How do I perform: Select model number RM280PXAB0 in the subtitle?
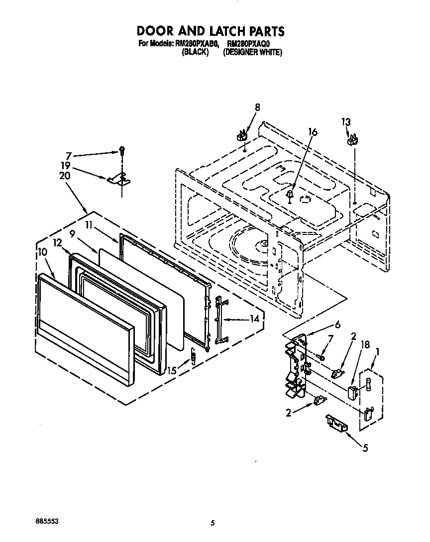point(196,44)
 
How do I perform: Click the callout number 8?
point(257,107)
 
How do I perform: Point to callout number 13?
point(346,121)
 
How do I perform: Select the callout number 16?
point(313,132)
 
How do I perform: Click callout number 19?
point(66,165)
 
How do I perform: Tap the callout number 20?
point(65,175)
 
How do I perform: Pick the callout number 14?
point(254,319)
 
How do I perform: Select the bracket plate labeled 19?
point(117,178)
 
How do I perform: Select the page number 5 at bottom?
point(213,523)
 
